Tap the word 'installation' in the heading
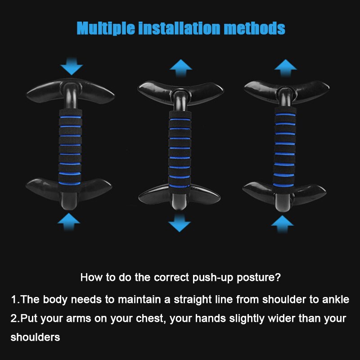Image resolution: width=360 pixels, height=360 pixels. (180, 28)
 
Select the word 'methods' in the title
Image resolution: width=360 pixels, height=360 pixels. (255, 28)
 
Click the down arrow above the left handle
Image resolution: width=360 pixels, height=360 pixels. (72, 67)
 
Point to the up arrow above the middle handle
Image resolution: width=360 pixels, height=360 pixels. (181, 67)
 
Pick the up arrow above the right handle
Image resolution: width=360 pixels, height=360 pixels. (286, 66)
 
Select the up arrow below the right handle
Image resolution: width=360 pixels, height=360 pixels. (283, 223)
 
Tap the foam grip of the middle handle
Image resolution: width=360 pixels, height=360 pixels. (180, 148)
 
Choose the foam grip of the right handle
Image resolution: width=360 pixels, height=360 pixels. (284, 146)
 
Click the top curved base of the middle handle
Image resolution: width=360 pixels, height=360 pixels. (180, 89)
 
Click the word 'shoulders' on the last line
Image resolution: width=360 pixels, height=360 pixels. (35, 337)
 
